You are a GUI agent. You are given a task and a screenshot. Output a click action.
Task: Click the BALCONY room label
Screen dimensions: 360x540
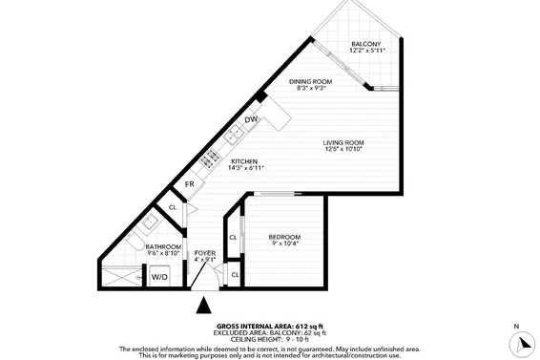365,45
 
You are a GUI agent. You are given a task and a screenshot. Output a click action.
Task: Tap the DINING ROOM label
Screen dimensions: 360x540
311,82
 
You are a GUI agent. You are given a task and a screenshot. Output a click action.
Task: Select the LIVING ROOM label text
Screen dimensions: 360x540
344,142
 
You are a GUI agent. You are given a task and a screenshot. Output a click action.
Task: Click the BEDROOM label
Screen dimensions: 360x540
283,237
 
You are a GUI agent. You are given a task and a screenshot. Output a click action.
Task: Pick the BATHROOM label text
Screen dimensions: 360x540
162,246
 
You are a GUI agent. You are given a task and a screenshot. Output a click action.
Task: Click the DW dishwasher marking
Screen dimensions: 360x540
251,119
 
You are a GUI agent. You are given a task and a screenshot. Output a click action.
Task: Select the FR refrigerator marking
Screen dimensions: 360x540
190,184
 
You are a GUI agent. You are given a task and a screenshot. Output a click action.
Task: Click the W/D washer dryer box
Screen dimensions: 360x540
160,277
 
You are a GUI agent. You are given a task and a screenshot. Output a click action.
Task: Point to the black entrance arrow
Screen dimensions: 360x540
203,307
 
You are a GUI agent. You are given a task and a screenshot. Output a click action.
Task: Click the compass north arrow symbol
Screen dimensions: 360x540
517,342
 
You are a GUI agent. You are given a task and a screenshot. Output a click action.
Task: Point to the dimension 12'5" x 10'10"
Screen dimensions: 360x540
344,149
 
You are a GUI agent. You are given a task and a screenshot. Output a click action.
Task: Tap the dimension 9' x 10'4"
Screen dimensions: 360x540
283,244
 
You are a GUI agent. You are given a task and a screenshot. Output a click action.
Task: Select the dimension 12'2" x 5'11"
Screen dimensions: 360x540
365,52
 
